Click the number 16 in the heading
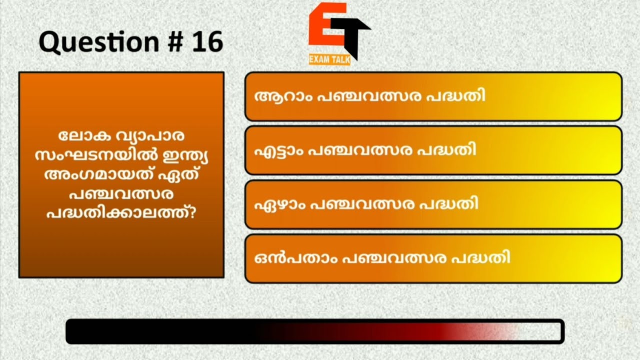[x=206, y=43]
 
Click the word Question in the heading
[x=91, y=43]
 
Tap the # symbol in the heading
[x=166, y=43]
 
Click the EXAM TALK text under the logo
[x=329, y=60]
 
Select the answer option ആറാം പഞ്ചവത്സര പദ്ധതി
[x=433, y=96]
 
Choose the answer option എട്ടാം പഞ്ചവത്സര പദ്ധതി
[x=433, y=150]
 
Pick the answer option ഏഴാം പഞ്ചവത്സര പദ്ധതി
[x=433, y=204]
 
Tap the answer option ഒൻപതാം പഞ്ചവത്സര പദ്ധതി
[x=433, y=258]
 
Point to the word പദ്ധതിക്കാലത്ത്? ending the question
[x=121, y=212]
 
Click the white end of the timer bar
[x=540, y=331]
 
